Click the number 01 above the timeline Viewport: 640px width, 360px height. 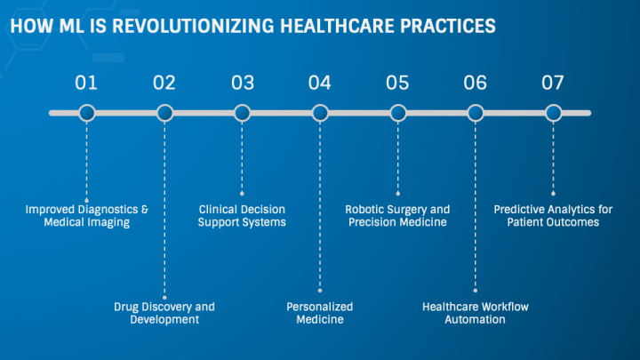pyautogui.click(x=86, y=83)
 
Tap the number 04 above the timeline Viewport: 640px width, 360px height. pyautogui.click(x=320, y=83)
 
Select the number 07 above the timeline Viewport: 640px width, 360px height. pyautogui.click(x=553, y=83)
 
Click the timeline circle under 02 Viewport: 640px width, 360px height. pyautogui.click(x=165, y=113)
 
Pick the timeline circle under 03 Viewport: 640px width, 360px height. pyautogui.click(x=242, y=113)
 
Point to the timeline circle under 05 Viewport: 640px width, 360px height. pyautogui.click(x=398, y=113)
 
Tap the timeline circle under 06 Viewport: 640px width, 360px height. pyautogui.click(x=476, y=113)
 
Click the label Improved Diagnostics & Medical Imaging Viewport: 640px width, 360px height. pyautogui.click(x=87, y=216)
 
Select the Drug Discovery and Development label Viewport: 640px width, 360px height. pyautogui.click(x=164, y=313)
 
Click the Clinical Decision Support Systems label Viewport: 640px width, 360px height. pyautogui.click(x=242, y=216)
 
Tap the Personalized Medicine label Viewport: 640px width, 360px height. pyautogui.click(x=320, y=313)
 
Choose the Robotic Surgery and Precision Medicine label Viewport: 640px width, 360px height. pyautogui.click(x=397, y=216)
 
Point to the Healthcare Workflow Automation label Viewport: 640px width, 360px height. pyautogui.click(x=475, y=313)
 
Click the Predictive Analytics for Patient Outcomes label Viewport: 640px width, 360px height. pyautogui.click(x=553, y=216)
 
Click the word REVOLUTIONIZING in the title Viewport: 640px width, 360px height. pyautogui.click(x=193, y=26)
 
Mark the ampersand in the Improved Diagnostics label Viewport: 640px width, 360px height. pyautogui.click(x=145, y=210)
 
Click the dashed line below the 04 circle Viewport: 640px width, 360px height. pyautogui.click(x=320, y=206)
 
